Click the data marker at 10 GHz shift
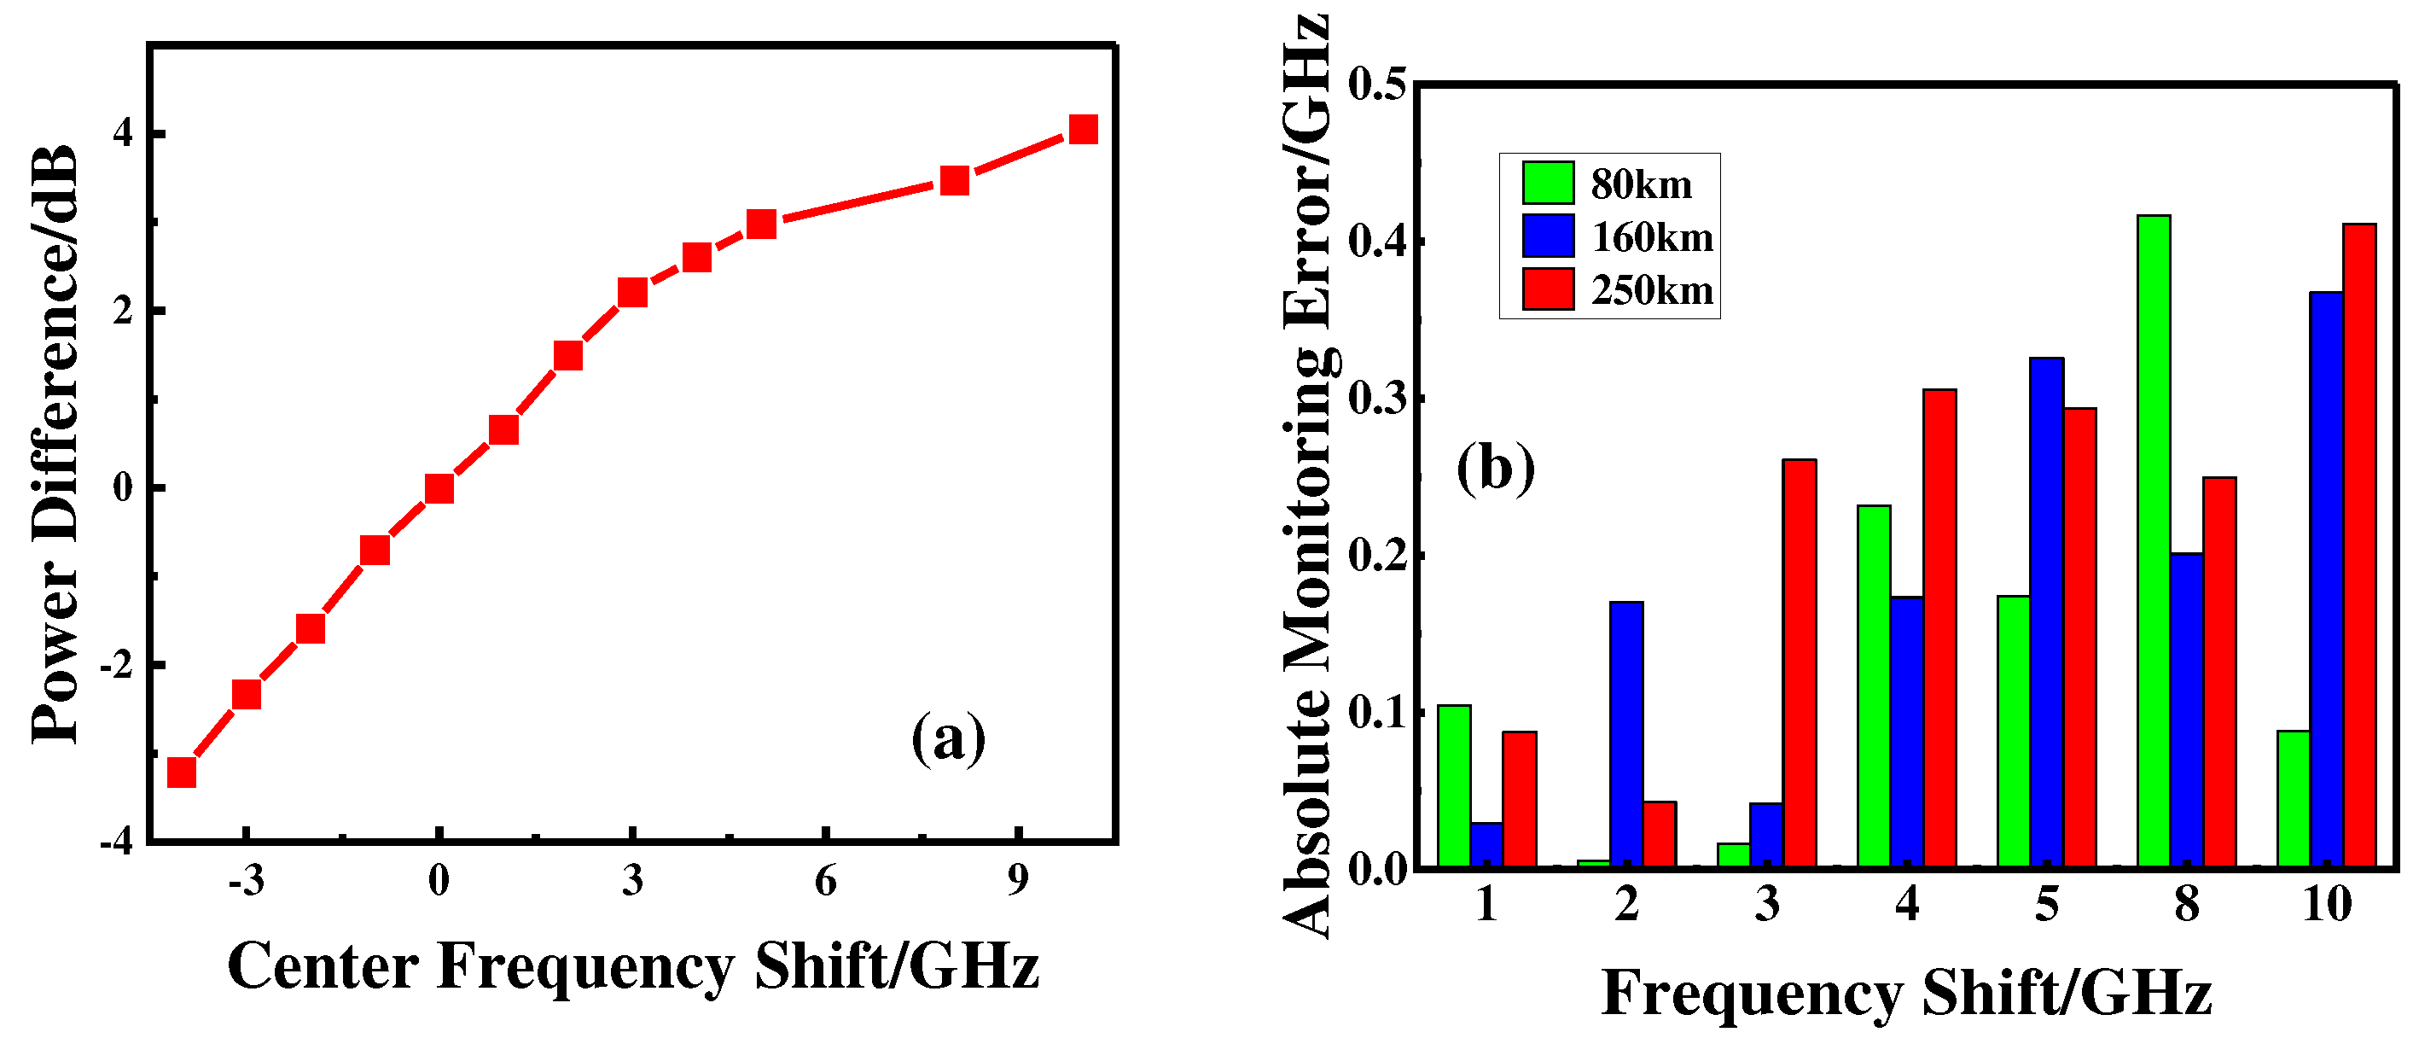pyautogui.click(x=1083, y=129)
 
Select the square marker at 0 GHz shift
pyautogui.click(x=439, y=488)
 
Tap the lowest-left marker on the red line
pyautogui.click(x=181, y=773)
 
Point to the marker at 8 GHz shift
pyautogui.click(x=954, y=180)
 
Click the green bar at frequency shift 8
pyautogui.click(x=2154, y=540)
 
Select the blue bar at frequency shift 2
pyautogui.click(x=1626, y=732)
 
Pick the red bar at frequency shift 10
pyautogui.click(x=2359, y=545)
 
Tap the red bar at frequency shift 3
pyautogui.click(x=1800, y=662)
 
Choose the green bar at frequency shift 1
pyautogui.click(x=1454, y=785)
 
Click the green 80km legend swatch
pyautogui.click(x=1548, y=182)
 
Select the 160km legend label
pyautogui.click(x=1652, y=236)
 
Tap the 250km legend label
pyautogui.click(x=1652, y=290)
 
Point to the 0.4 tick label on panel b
pyautogui.click(x=1376, y=242)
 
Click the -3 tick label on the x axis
pyautogui.click(x=246, y=881)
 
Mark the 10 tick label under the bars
pyautogui.click(x=2326, y=904)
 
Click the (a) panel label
pyautogui.click(x=949, y=738)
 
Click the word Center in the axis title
pyautogui.click(x=323, y=965)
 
